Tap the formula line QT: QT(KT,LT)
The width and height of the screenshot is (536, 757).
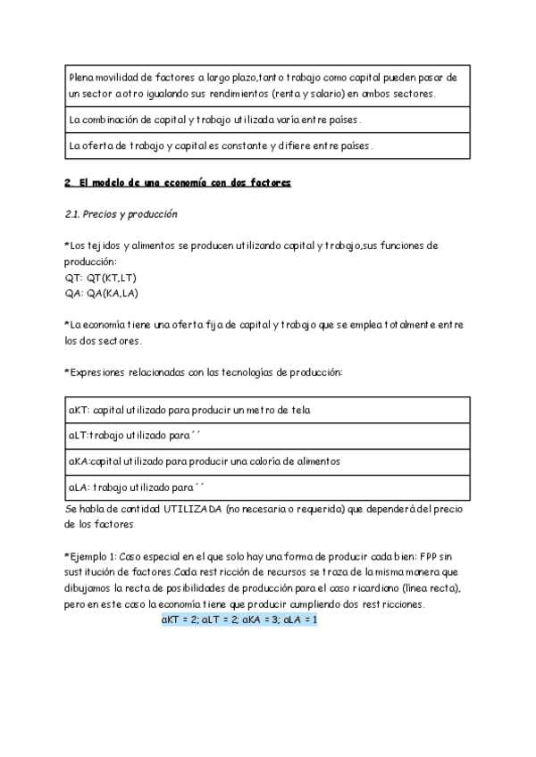tap(99, 278)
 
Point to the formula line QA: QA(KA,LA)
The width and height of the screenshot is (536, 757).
tap(101, 293)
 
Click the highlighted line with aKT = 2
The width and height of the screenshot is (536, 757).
tap(239, 619)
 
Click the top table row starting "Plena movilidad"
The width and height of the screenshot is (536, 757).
tap(265, 86)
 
